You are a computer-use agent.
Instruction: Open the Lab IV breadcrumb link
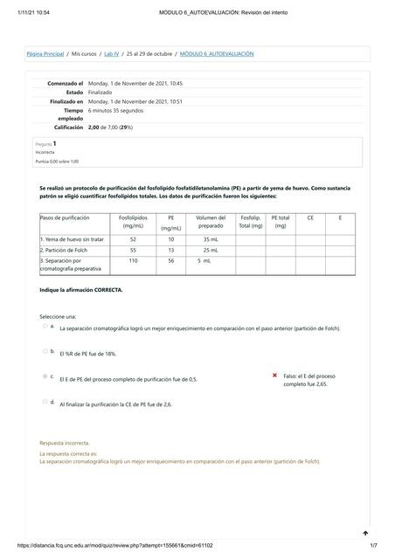111,54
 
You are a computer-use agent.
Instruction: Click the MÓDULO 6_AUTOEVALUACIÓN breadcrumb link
217,54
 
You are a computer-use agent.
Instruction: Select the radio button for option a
45,326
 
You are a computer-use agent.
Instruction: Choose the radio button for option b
45,351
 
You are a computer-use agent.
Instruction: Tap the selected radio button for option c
45,376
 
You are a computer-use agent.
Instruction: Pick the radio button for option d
45,402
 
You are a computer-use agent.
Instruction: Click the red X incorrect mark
275,375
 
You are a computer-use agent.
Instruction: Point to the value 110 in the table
133,260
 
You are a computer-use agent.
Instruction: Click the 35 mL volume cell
211,238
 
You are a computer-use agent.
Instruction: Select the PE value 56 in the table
171,260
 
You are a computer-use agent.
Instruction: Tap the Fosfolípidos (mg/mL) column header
133,222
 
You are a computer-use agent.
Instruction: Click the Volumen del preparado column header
211,222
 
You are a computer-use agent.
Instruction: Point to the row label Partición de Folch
69,250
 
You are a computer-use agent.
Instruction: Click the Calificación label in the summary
66,128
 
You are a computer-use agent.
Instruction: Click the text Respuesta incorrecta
65,443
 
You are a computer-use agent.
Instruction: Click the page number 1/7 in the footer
373,546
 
